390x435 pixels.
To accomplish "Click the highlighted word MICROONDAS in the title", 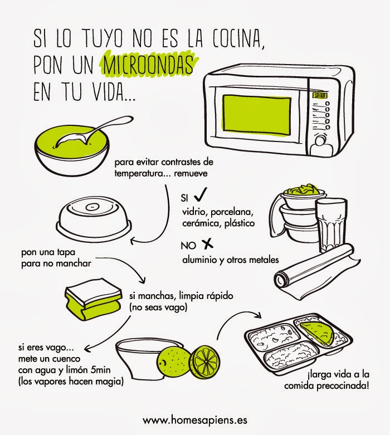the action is [x=148, y=65].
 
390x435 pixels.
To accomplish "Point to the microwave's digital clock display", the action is [x=320, y=96].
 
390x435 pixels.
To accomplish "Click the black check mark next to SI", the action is [x=201, y=194].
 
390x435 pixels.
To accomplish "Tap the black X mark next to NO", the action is [x=207, y=245].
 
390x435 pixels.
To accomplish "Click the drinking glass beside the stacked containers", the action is [x=331, y=224].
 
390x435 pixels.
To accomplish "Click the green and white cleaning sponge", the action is [x=94, y=302].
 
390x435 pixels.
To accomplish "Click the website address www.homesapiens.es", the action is [x=195, y=420].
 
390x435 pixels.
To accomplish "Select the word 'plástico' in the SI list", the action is [x=239, y=223].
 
